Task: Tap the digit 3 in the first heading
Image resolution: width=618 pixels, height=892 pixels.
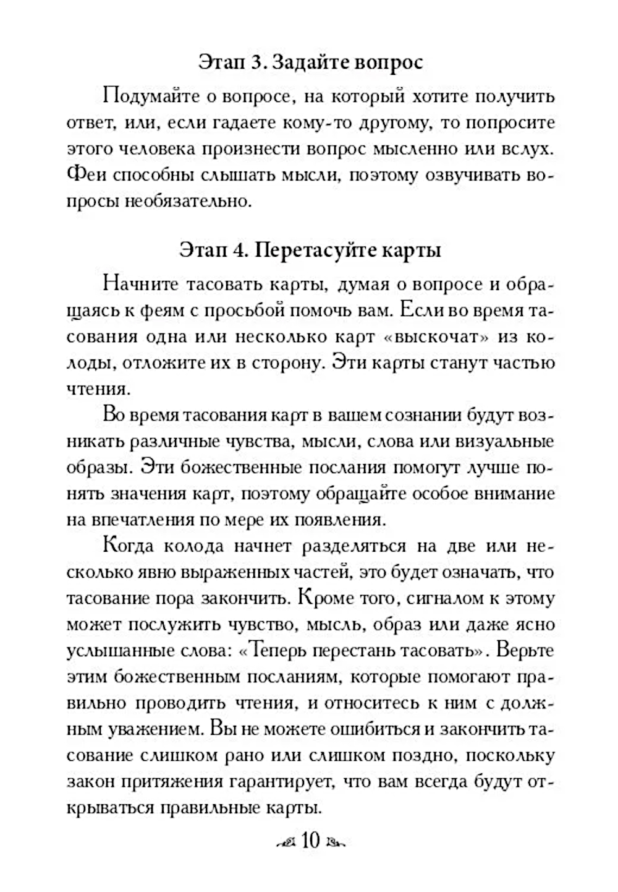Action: click(258, 62)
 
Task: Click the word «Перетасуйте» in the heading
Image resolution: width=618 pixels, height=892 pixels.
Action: click(317, 251)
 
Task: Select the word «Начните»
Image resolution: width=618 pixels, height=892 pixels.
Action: click(141, 284)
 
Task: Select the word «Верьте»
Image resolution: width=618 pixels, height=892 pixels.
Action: click(525, 651)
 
